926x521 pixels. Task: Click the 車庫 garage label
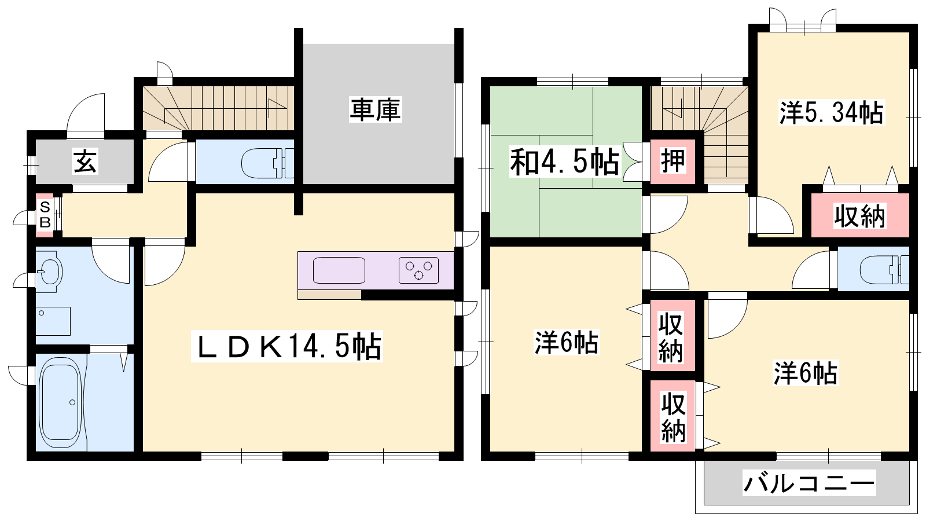(x=375, y=109)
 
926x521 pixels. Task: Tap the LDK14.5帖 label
(x=287, y=346)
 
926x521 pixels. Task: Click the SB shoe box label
(x=45, y=215)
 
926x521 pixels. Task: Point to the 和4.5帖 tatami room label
(x=565, y=162)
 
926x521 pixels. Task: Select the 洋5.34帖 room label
(x=831, y=112)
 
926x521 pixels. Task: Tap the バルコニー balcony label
(x=809, y=483)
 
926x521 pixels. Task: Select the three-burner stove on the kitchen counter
(x=418, y=270)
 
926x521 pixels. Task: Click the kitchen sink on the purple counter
(x=339, y=270)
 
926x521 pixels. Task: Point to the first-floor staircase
(x=219, y=108)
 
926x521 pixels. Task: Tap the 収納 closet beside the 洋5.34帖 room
(x=859, y=216)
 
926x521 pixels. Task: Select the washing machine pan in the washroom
(x=53, y=321)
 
